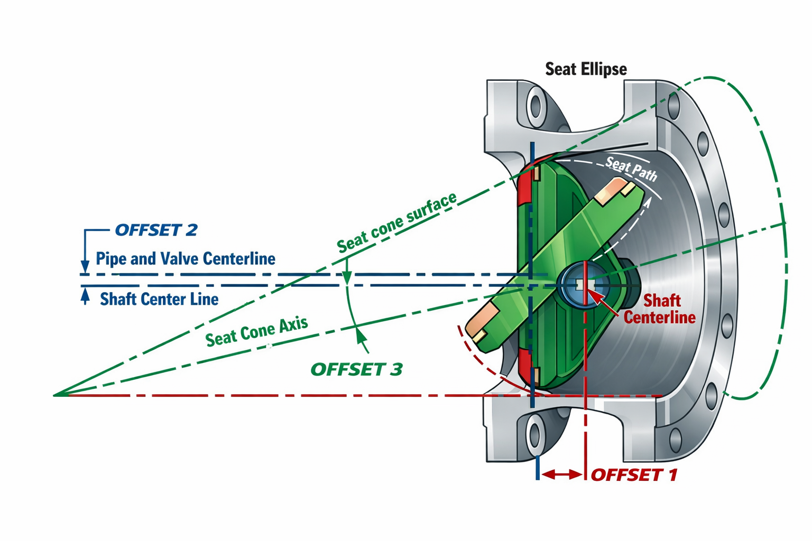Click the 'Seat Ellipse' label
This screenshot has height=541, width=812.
(x=586, y=69)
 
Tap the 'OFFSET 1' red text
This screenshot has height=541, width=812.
(x=633, y=475)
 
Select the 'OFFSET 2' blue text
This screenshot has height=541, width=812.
(x=156, y=230)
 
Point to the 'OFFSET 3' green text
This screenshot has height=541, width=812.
(x=356, y=369)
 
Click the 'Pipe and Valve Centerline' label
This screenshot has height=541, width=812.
(x=185, y=259)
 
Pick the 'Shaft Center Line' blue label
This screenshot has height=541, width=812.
(x=159, y=300)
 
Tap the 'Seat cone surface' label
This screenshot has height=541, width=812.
(x=396, y=223)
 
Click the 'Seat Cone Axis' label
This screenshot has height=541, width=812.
(x=256, y=332)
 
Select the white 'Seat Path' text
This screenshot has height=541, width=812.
(x=631, y=169)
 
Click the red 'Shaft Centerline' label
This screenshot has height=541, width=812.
(x=660, y=309)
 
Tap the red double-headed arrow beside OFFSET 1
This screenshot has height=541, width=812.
(x=561, y=474)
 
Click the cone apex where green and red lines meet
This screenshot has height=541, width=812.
(x=56, y=395)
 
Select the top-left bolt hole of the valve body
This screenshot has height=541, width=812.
(x=536, y=106)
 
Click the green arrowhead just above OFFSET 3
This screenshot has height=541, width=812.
(x=361, y=335)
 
